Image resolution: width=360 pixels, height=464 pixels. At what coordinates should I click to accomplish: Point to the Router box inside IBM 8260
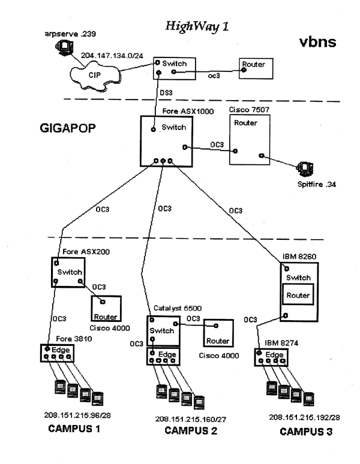(x=298, y=296)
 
